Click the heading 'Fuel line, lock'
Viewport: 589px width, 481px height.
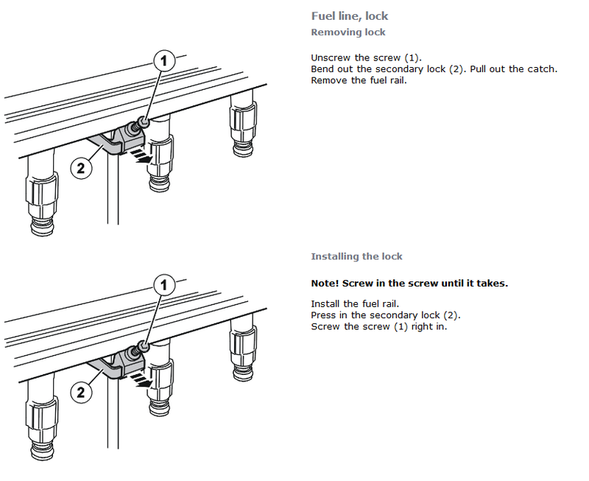tap(349, 15)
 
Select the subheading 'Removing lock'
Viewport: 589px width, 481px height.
tap(348, 32)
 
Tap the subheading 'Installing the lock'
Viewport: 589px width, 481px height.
tap(356, 256)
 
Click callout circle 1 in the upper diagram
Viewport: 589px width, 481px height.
tap(165, 61)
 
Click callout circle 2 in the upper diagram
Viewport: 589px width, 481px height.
tap(82, 168)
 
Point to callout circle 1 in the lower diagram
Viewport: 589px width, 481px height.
tap(165, 284)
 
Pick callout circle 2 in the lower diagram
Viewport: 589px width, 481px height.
tap(82, 392)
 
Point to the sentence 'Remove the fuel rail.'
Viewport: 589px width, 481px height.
tap(359, 80)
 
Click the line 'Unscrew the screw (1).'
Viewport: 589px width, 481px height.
tap(366, 57)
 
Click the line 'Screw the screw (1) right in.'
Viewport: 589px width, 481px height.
tap(378, 326)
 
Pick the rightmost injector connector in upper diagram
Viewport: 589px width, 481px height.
tap(243, 125)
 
